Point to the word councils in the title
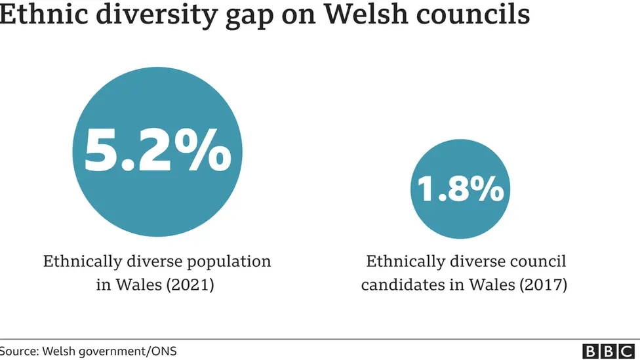pyautogui.click(x=474, y=14)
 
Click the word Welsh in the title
pyautogui.click(x=367, y=14)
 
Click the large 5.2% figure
pyautogui.click(x=157, y=151)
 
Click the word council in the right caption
pyautogui.click(x=539, y=262)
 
